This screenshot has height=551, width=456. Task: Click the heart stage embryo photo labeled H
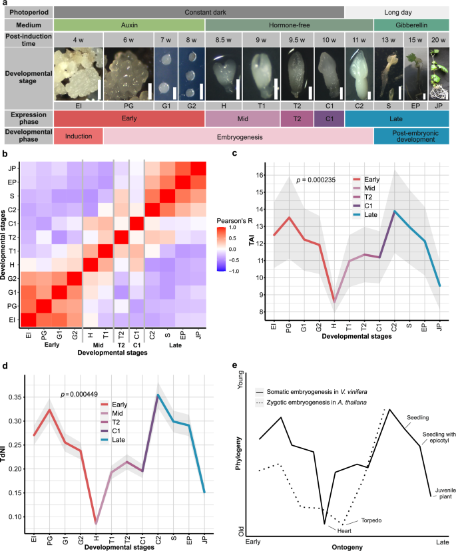point(222,73)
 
